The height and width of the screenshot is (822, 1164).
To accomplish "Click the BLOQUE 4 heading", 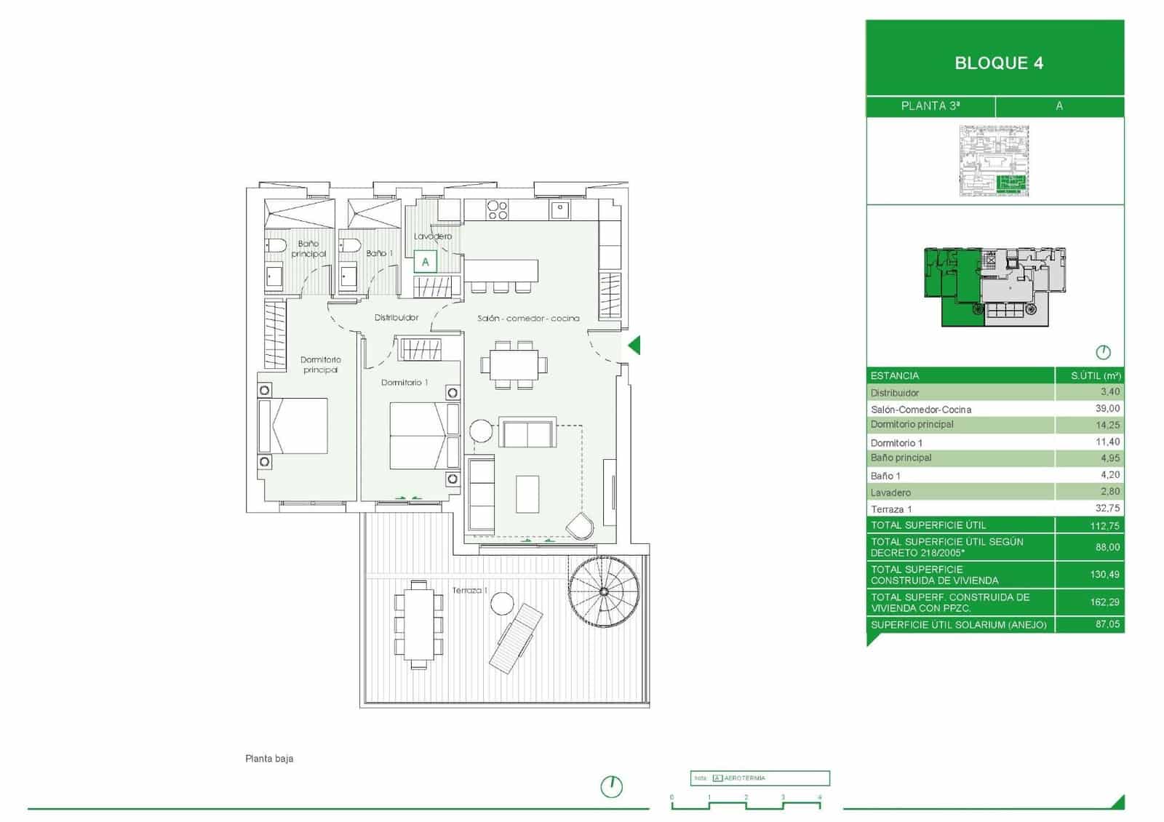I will tap(998, 63).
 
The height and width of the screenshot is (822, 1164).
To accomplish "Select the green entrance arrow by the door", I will tap(634, 346).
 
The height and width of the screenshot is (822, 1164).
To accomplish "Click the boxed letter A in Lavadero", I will tap(426, 262).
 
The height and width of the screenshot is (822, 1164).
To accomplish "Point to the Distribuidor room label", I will tap(396, 318).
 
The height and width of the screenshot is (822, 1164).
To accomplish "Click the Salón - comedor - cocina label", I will tap(528, 319).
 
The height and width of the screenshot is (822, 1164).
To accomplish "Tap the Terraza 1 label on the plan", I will tap(469, 591).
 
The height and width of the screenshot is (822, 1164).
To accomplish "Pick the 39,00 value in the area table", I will tap(1107, 409).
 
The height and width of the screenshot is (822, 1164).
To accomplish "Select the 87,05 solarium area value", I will tap(1107, 624).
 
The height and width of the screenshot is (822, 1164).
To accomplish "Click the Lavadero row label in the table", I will tap(890, 492).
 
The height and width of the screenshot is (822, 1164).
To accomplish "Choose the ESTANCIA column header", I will tap(895, 376).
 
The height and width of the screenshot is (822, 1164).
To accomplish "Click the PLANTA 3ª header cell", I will tap(930, 106).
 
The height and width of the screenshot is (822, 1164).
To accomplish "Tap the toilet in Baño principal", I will tap(276, 246).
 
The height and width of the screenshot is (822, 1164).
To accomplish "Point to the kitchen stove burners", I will tap(498, 210).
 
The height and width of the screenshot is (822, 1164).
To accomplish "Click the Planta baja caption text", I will tap(269, 759).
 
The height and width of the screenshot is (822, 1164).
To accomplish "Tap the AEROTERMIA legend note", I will tap(744, 778).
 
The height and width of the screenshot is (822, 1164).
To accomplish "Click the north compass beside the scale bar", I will tap(612, 786).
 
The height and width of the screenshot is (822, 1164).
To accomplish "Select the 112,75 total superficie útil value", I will tap(1104, 525).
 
